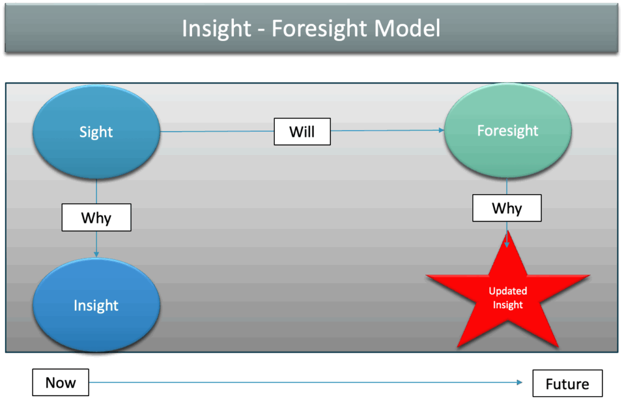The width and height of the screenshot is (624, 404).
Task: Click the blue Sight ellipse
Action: click(96, 132)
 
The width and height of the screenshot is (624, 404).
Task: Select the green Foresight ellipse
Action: click(508, 131)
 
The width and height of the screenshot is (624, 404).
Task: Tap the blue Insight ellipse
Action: click(96, 305)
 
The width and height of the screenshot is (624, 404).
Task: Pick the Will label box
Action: click(302, 131)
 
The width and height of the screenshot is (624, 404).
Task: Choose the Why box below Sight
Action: click(96, 217)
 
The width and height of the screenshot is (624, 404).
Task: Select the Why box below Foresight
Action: click(507, 208)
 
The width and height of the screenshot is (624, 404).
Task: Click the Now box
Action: click(60, 383)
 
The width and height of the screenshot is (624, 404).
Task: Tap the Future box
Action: click(567, 384)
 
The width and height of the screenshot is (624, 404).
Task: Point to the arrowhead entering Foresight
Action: click(441, 130)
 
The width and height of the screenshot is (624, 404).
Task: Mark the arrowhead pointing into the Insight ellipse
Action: click(96, 254)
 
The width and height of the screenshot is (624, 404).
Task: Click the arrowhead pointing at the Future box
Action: click(519, 382)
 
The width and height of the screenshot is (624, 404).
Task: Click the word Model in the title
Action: click(407, 28)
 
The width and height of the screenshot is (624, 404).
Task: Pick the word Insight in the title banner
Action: click(216, 29)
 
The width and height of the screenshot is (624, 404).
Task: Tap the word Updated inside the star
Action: click(508, 291)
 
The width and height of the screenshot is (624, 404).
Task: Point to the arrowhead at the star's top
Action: click(506, 244)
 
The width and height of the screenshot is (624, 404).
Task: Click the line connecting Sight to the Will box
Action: click(217, 131)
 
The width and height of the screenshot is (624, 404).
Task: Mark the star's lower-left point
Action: click(458, 347)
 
